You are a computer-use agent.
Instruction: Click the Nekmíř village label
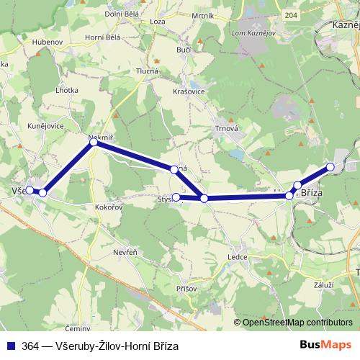(x=100, y=136)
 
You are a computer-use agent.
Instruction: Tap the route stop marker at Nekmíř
(x=94, y=143)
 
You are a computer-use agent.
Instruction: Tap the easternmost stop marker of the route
(x=330, y=167)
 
